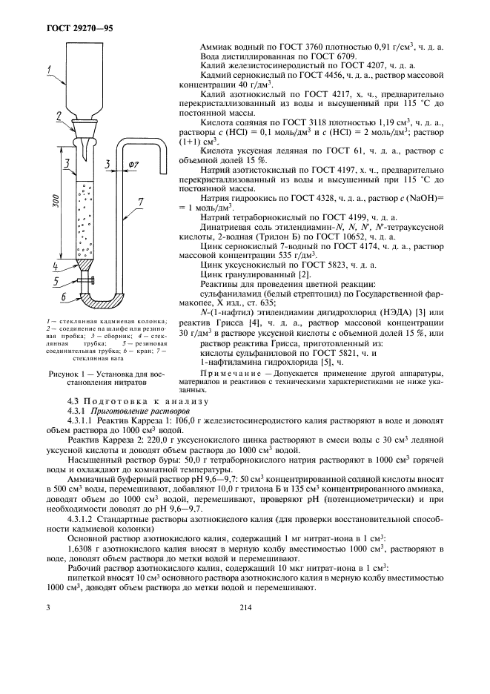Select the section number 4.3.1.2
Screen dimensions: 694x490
pos(85,518)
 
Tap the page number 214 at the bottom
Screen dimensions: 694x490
pos(247,607)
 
